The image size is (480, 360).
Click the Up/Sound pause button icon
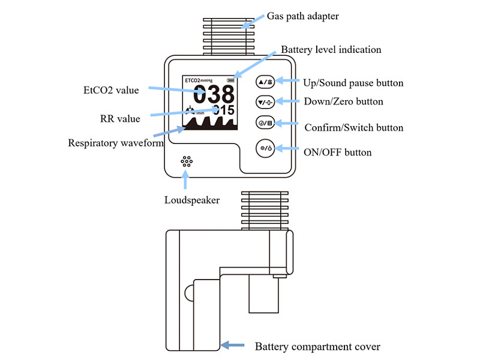pos(265,82)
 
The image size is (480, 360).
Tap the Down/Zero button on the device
pos(265,102)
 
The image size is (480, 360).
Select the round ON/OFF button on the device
pos(265,148)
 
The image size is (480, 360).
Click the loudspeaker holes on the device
pos(187,161)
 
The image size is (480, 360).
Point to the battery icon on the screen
pos(230,80)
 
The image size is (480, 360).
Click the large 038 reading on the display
pos(214,94)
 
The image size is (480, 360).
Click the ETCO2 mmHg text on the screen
pos(199,80)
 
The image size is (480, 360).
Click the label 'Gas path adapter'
pos(303,16)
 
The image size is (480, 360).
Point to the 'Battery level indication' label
pos(331,50)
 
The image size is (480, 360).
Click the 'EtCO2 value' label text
pos(111,91)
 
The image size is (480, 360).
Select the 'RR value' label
pos(120,119)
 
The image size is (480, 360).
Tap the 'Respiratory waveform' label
pos(116,143)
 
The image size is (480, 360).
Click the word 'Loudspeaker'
pos(192,200)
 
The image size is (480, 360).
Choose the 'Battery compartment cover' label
pos(317,347)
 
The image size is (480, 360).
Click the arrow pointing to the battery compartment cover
pos(232,346)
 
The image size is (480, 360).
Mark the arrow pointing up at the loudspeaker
pos(185,179)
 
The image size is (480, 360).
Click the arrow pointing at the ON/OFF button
pos(287,148)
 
